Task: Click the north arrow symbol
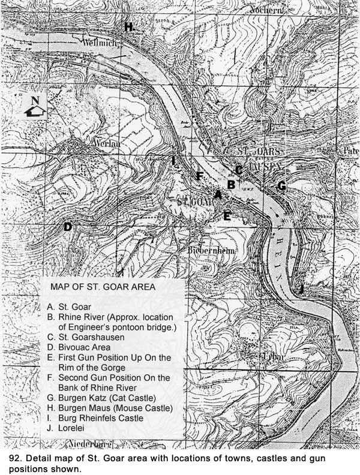click(x=35, y=107)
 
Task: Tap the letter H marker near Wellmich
click(x=128, y=27)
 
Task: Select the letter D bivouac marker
click(x=68, y=227)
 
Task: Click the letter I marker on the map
click(x=173, y=161)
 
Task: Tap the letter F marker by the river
click(x=200, y=176)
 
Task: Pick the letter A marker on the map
click(x=218, y=195)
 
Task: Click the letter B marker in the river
click(x=230, y=184)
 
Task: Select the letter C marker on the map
click(x=238, y=170)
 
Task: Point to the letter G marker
click(x=281, y=186)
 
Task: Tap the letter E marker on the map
click(x=227, y=216)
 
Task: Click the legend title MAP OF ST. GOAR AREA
click(x=103, y=287)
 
